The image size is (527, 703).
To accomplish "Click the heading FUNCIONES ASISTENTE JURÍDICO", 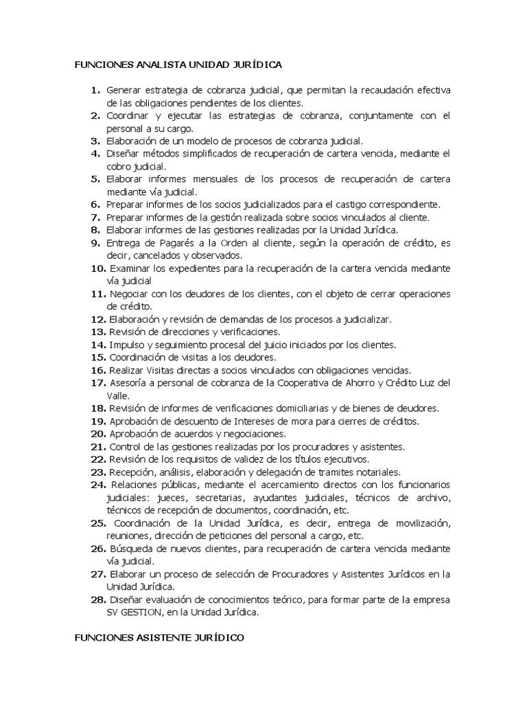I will pyautogui.click(x=159, y=637).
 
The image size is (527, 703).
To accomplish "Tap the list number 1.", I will pyautogui.click(x=95, y=91).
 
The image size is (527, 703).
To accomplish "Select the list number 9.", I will pyautogui.click(x=95, y=242).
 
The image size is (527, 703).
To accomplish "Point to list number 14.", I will pyautogui.click(x=97, y=344).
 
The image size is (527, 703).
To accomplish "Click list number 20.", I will pyautogui.click(x=97, y=433).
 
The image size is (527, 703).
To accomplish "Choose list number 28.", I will pyautogui.click(x=97, y=599).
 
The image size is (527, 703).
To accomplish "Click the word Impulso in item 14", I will pyautogui.click(x=126, y=344).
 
